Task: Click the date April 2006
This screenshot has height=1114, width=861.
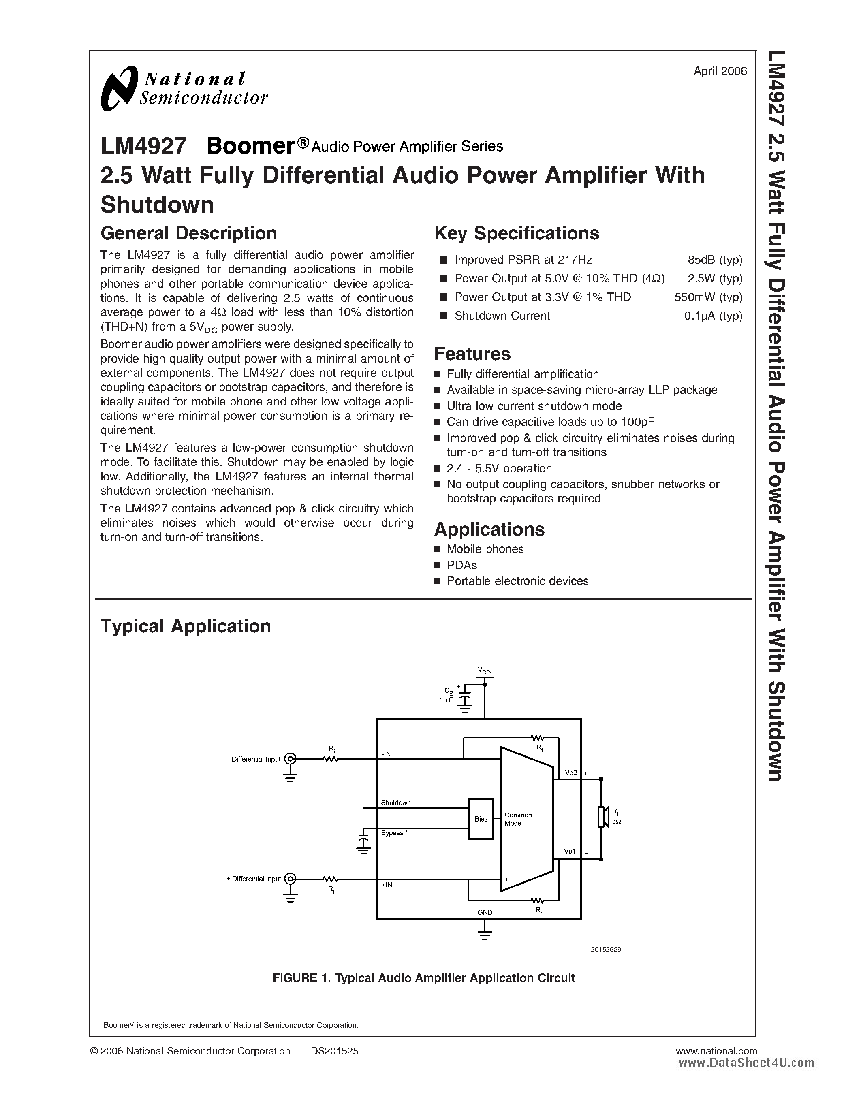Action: tap(720, 71)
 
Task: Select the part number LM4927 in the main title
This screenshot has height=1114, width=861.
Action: tap(143, 146)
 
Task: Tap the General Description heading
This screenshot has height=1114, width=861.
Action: tap(188, 233)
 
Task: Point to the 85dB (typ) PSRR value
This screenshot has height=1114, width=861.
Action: tap(715, 260)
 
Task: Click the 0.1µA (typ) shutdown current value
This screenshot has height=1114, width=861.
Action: tap(713, 316)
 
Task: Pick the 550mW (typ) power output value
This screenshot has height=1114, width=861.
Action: tap(708, 297)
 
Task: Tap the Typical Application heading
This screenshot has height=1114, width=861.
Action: tap(185, 626)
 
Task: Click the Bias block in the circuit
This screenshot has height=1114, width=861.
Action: tap(481, 819)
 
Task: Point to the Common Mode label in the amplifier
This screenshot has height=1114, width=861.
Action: tap(518, 819)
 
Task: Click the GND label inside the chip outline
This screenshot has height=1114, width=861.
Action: tap(485, 912)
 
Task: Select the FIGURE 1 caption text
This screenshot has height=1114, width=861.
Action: tap(423, 978)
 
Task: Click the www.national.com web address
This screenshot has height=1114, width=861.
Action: tap(716, 1051)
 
